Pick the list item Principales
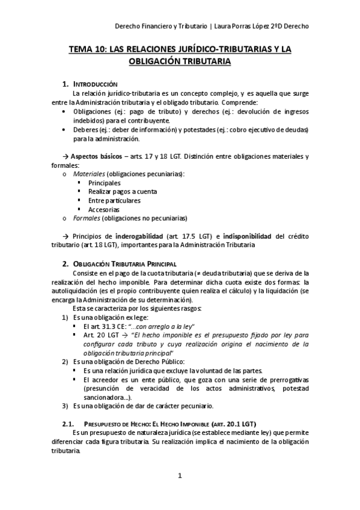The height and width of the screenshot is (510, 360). [x=104, y=183]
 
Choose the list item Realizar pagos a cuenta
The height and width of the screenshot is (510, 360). [x=122, y=192]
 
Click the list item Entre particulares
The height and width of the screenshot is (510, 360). [x=114, y=200]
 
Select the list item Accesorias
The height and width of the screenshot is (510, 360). [x=103, y=209]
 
